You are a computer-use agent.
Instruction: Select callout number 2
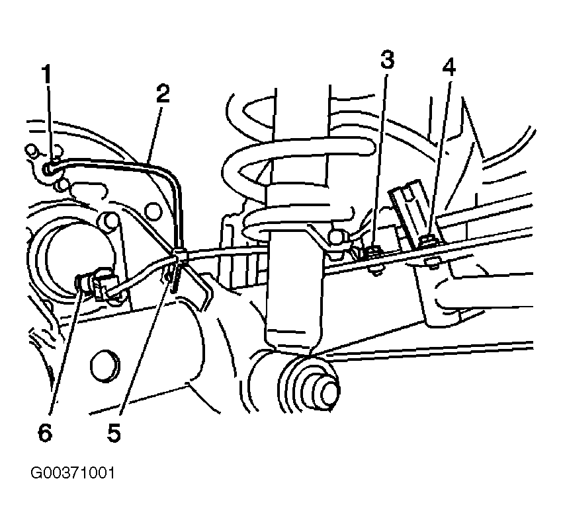tap(163, 94)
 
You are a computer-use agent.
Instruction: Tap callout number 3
tap(387, 59)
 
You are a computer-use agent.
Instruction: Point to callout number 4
tap(449, 67)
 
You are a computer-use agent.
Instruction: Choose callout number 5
tap(113, 433)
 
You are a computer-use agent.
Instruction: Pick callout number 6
tap(45, 433)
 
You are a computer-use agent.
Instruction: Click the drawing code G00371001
tap(73, 473)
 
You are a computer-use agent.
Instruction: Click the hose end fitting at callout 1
tap(48, 169)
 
